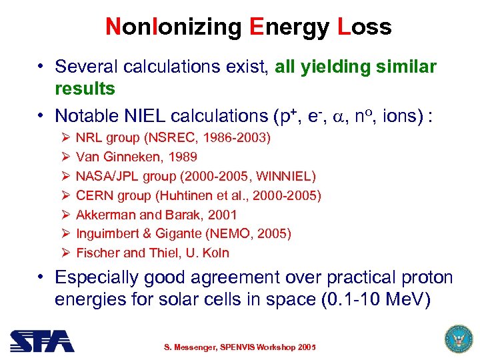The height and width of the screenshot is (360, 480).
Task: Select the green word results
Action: click(x=85, y=89)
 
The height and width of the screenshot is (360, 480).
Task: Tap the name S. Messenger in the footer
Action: click(x=194, y=347)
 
